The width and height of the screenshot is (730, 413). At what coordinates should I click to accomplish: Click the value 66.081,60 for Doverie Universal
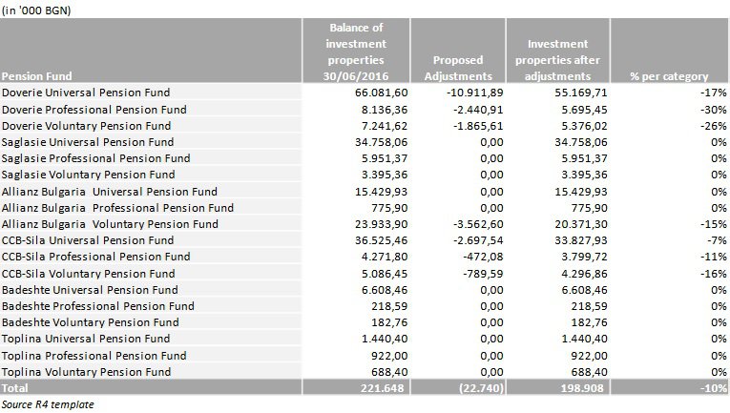coord(381,93)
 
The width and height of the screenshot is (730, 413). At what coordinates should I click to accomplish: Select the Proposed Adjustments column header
coord(458,68)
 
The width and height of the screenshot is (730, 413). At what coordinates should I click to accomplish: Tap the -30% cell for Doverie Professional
coord(713,110)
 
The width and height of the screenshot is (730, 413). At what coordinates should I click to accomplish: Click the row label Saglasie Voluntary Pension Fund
coord(88,175)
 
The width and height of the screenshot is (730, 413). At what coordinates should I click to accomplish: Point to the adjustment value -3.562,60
coord(478,224)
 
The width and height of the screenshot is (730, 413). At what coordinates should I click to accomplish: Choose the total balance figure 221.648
coord(383,388)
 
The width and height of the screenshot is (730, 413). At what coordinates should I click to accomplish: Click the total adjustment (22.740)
coord(481,388)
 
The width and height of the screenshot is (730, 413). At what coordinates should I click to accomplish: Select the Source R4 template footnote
coord(48,404)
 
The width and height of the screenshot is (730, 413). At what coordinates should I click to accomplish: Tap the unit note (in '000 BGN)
coord(36,10)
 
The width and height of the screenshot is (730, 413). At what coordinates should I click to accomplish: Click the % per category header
coord(669,76)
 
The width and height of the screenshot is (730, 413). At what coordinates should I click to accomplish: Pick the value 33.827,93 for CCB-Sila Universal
coord(581,240)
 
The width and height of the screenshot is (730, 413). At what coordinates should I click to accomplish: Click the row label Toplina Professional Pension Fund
coord(94,356)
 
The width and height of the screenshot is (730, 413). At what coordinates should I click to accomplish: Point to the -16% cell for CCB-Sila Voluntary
coord(713,274)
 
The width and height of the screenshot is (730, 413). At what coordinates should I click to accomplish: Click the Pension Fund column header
coord(37,76)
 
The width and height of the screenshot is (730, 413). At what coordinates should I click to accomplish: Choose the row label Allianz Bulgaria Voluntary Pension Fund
coord(110,224)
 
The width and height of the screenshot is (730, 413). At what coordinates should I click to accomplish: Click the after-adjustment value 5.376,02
coord(584,126)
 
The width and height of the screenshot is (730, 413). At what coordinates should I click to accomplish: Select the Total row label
coord(15,388)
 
